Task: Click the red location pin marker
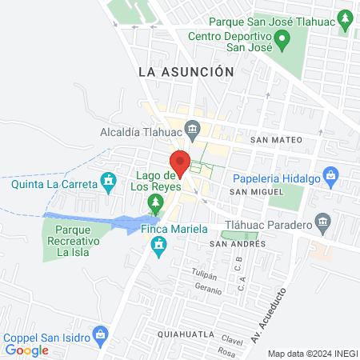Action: coord(180,162)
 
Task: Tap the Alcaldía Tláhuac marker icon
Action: coord(192,128)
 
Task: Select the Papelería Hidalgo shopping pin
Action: coord(331,174)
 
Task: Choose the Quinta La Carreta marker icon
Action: coord(107,181)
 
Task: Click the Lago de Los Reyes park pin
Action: coord(155,210)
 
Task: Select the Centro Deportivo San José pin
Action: coord(282,38)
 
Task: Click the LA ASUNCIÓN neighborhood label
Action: coord(186,72)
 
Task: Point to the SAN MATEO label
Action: coord(277,140)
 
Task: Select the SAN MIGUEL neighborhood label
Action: coord(256,192)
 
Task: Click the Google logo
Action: coord(27,350)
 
